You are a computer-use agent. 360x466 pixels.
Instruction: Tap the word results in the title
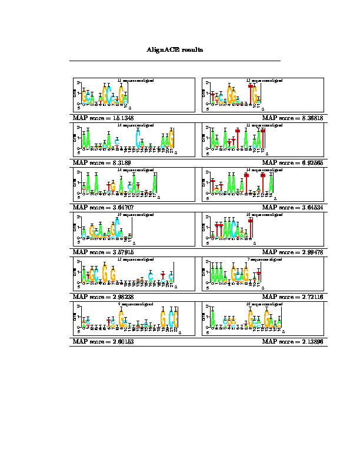tap(192, 50)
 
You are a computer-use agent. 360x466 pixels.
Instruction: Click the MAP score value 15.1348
tap(121, 118)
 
